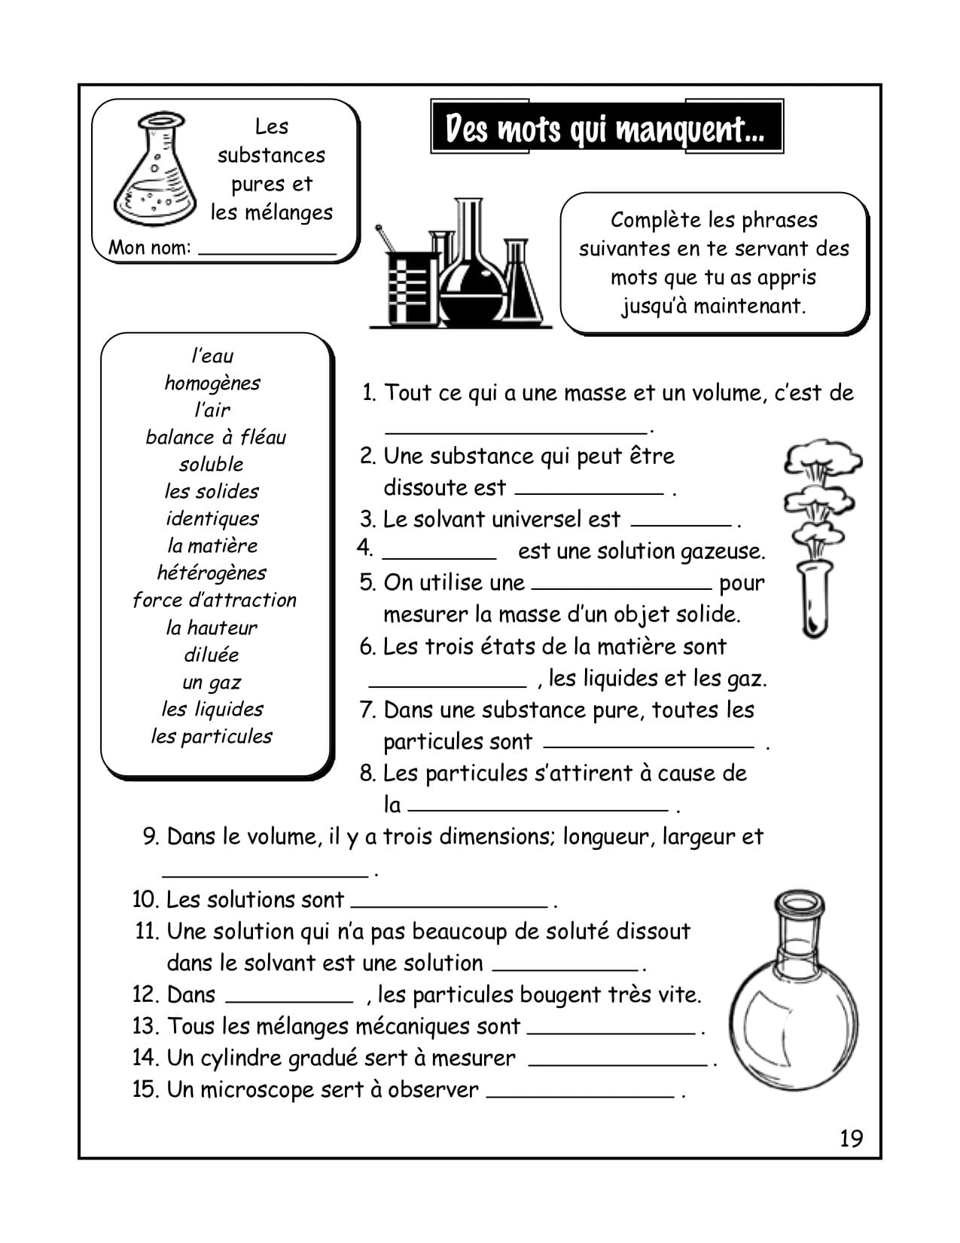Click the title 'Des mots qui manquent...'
coord(606,128)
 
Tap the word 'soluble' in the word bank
coord(212,464)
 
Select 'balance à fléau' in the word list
coord(215,437)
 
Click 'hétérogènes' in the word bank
coord(212,573)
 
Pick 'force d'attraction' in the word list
coord(215,600)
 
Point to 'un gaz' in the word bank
coord(212,682)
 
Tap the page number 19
coord(851,1138)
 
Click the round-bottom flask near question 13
coord(794,1002)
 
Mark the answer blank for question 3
coord(681,521)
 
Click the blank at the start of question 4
coord(439,554)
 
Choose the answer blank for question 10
coord(449,902)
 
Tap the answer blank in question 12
coord(289,998)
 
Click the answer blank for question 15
coord(580,1093)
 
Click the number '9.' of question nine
coord(151,836)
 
